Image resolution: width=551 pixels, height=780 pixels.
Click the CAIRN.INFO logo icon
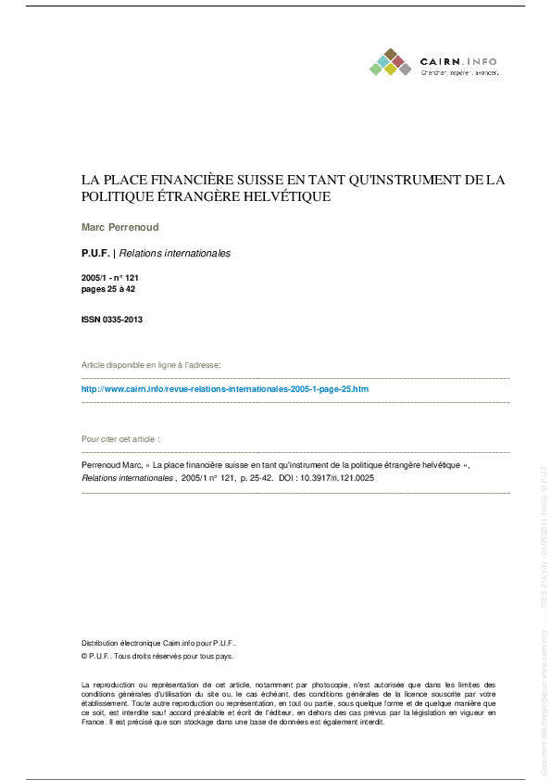point(390,62)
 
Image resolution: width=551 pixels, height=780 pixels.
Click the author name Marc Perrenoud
point(119,226)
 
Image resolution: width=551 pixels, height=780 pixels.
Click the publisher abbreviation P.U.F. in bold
point(95,253)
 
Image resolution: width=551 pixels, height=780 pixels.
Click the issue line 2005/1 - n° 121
point(110,278)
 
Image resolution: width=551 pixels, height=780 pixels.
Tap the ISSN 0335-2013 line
point(112,320)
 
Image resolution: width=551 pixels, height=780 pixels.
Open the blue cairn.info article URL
point(225,389)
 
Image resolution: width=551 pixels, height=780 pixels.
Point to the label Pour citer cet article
point(120,438)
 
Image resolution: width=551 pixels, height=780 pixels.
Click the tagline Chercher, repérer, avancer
point(459,71)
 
